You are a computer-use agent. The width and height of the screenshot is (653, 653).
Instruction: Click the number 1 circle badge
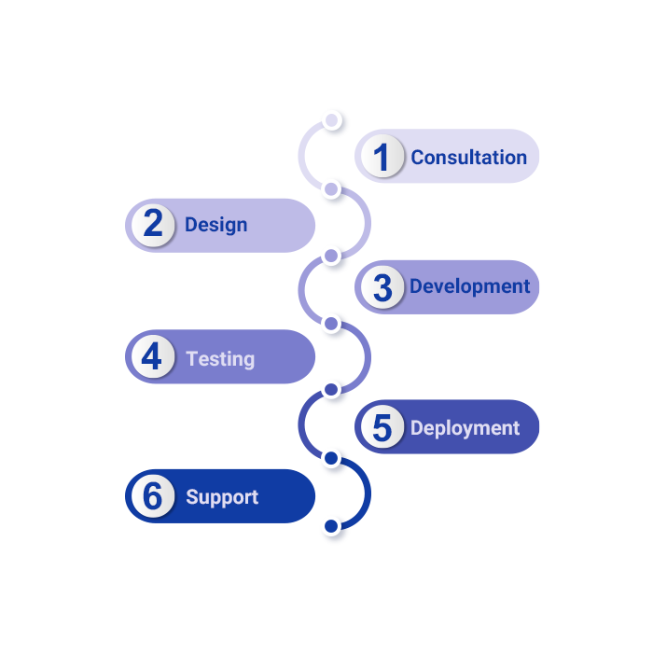click(381, 157)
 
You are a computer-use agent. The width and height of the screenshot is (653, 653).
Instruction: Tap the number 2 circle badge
click(153, 225)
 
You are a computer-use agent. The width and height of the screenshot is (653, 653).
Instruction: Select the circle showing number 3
click(381, 287)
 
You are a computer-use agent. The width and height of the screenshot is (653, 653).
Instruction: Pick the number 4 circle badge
click(152, 358)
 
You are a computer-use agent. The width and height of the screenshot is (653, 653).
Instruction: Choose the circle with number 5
click(381, 428)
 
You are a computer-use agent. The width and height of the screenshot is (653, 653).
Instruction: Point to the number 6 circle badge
click(152, 496)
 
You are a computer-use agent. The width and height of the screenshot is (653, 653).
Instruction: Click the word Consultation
click(468, 158)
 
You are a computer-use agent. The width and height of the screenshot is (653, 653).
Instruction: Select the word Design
click(215, 225)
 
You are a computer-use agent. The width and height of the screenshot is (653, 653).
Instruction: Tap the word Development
click(469, 286)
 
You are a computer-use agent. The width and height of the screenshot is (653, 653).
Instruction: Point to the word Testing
click(220, 358)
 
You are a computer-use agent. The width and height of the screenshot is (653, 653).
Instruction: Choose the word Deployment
click(465, 428)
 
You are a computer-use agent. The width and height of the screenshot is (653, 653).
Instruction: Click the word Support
click(222, 497)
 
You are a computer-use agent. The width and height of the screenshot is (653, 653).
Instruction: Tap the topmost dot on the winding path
click(330, 119)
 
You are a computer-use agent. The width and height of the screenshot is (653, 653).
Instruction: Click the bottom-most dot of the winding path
click(330, 526)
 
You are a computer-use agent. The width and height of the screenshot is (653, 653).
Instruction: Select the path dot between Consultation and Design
click(330, 189)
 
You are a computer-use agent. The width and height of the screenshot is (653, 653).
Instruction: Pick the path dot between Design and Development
click(330, 255)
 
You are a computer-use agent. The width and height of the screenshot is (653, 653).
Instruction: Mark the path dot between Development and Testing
click(330, 323)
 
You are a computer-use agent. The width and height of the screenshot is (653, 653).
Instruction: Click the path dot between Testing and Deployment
click(330, 389)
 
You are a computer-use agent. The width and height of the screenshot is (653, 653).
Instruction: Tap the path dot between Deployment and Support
click(330, 458)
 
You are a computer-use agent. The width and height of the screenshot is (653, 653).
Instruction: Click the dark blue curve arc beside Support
click(365, 493)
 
